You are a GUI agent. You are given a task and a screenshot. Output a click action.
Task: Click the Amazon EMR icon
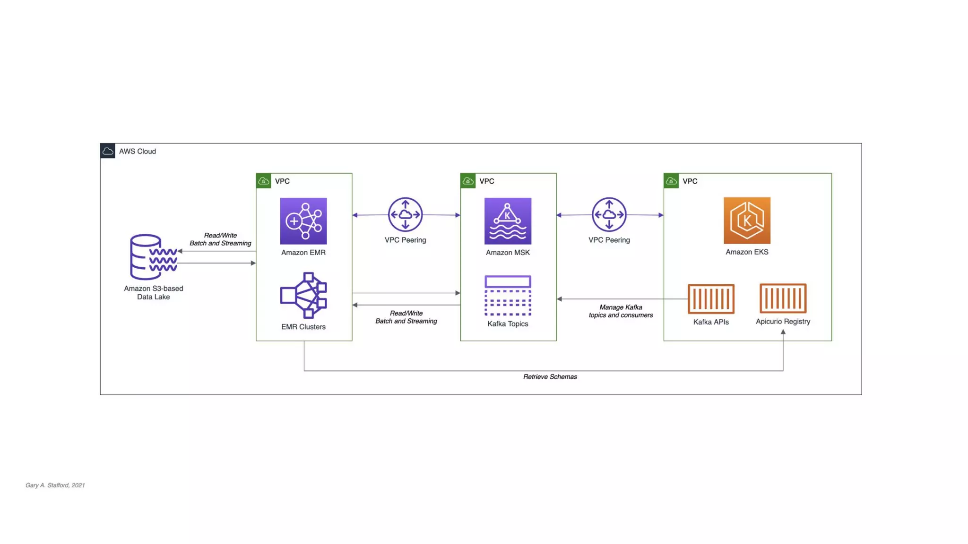(x=303, y=221)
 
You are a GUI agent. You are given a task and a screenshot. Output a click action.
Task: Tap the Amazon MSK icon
(x=508, y=221)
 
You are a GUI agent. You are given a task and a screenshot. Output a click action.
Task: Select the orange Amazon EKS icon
(x=747, y=220)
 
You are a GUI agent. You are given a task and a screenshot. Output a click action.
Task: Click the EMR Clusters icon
(x=303, y=295)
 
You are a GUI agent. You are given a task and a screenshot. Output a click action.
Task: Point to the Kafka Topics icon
(x=508, y=295)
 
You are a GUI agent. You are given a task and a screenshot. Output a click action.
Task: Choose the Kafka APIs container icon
(x=711, y=298)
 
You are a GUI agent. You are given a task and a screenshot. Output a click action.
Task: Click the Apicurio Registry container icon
(x=783, y=298)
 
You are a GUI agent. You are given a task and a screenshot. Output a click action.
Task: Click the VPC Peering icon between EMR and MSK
(x=405, y=214)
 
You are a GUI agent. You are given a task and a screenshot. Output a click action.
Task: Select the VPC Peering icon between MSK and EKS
(x=609, y=214)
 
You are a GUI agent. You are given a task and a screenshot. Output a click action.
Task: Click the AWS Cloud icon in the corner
(x=108, y=151)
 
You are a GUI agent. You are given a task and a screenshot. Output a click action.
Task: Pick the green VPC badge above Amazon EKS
(x=671, y=181)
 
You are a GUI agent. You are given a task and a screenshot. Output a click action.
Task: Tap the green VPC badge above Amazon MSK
(x=468, y=181)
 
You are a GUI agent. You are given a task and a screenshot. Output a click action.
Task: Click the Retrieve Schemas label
(x=550, y=377)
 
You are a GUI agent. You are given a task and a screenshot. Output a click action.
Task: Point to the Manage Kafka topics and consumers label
(x=621, y=311)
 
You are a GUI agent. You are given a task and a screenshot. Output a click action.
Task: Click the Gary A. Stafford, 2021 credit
(x=55, y=485)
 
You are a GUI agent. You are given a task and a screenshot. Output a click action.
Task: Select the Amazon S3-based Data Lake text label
(x=154, y=292)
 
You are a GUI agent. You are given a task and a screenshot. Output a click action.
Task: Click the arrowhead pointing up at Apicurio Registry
(x=783, y=332)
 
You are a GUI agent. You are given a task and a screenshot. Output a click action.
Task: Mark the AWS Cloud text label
(x=138, y=151)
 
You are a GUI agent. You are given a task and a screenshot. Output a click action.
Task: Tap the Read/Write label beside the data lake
(x=220, y=239)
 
